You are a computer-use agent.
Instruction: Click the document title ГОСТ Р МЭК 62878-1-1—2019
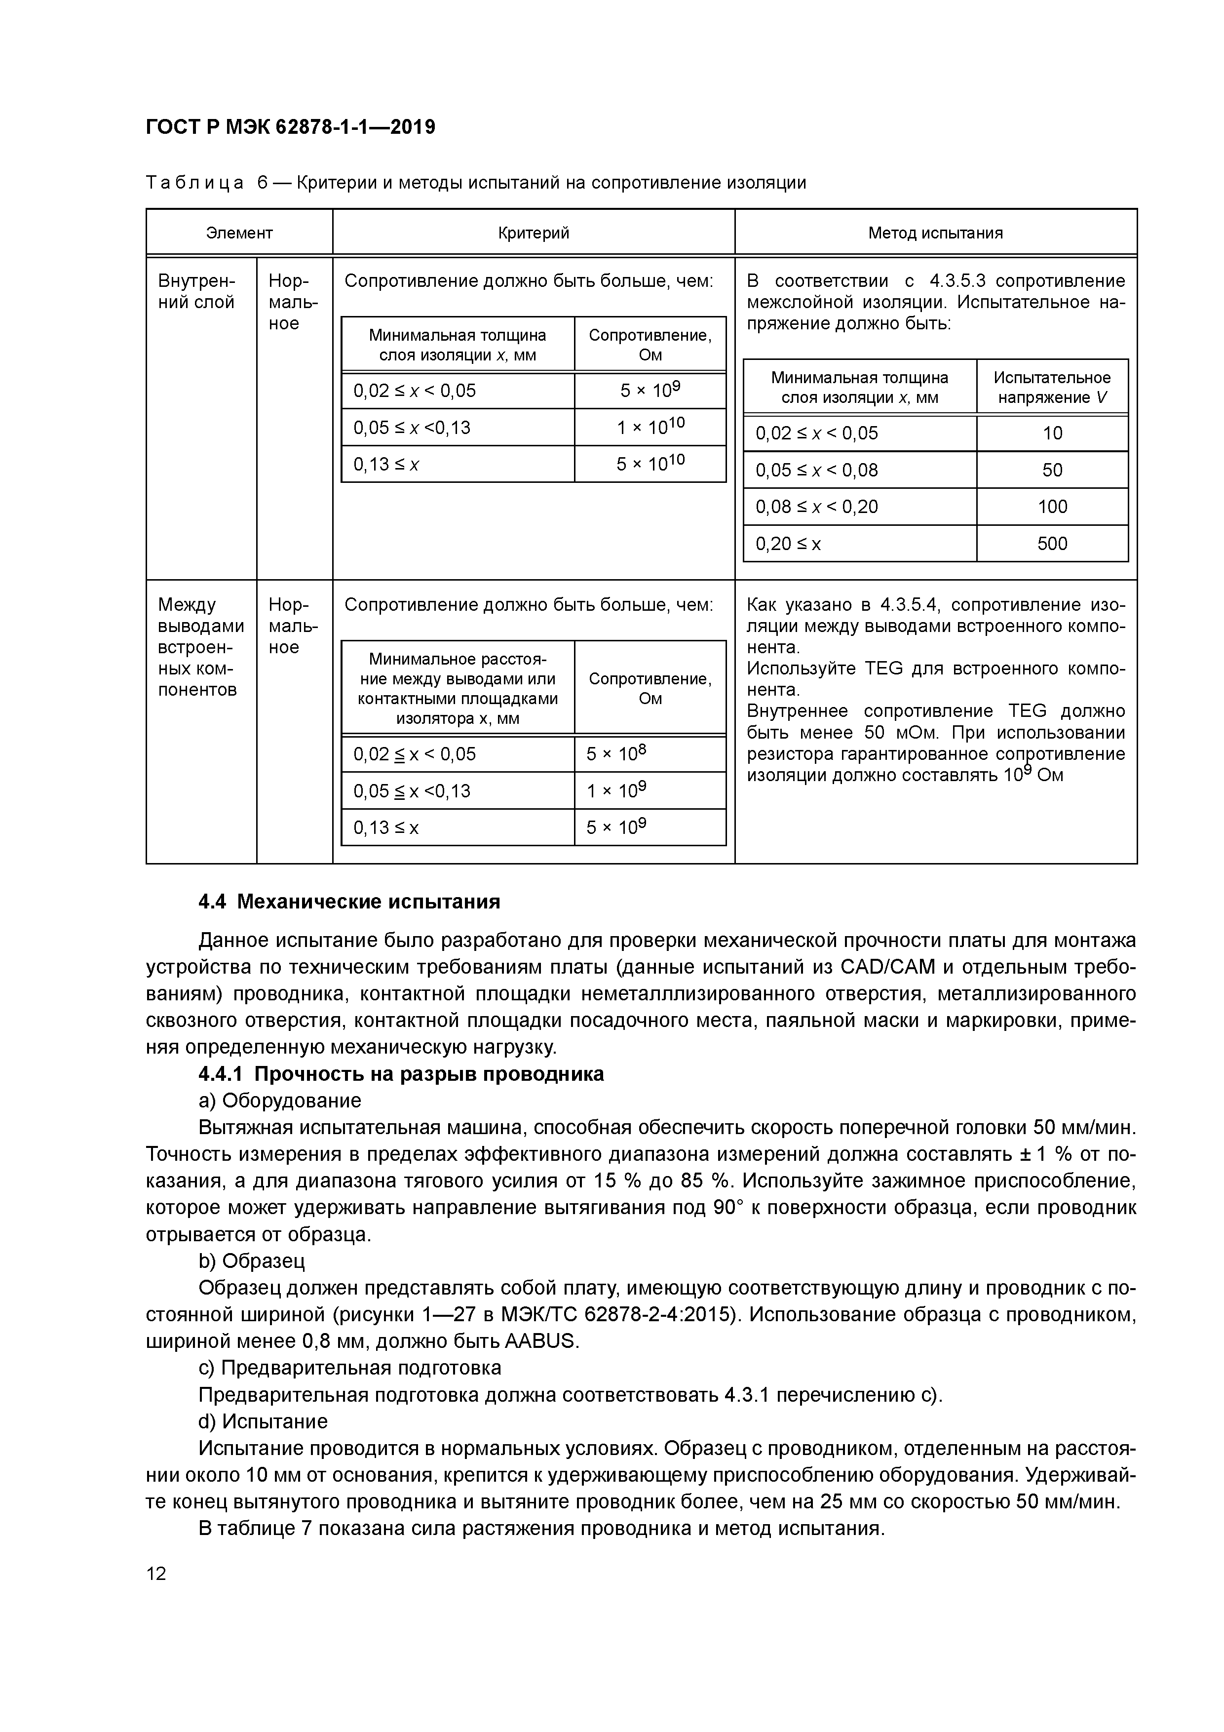[x=290, y=127]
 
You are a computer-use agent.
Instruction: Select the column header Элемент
[x=239, y=233]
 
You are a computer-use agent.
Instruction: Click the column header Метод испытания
[x=935, y=233]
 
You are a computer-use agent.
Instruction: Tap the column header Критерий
[x=533, y=233]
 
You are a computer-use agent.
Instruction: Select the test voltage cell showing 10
[x=1052, y=433]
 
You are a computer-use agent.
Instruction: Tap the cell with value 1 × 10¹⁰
[x=650, y=427]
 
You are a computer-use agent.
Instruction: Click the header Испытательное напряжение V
[x=1052, y=387]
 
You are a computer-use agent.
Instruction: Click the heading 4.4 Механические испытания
[x=349, y=902]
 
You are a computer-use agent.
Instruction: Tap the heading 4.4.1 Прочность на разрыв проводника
[x=401, y=1073]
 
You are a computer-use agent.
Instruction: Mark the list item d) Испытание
[x=263, y=1421]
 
